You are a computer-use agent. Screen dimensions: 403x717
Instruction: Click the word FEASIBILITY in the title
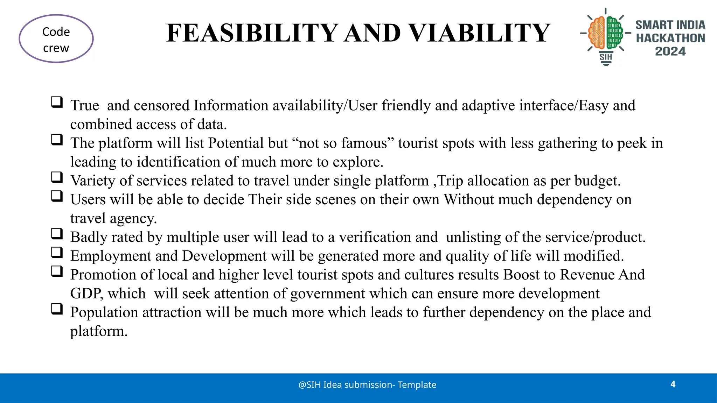pos(252,33)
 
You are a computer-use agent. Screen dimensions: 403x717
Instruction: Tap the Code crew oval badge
pos(56,39)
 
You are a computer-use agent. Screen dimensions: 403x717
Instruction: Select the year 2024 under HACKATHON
pos(670,51)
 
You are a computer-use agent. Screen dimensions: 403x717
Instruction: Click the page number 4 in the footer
pos(673,384)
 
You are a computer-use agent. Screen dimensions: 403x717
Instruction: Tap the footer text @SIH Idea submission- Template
pos(367,385)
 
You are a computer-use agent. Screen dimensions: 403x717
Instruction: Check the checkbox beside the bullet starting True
pos(57,102)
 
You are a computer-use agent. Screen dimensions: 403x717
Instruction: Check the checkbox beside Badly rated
pos(57,234)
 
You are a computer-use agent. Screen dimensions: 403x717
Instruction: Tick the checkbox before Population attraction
pos(57,309)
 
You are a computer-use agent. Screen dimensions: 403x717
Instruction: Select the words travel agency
pos(113,219)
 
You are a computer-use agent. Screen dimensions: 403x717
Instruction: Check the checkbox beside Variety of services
pos(57,177)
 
